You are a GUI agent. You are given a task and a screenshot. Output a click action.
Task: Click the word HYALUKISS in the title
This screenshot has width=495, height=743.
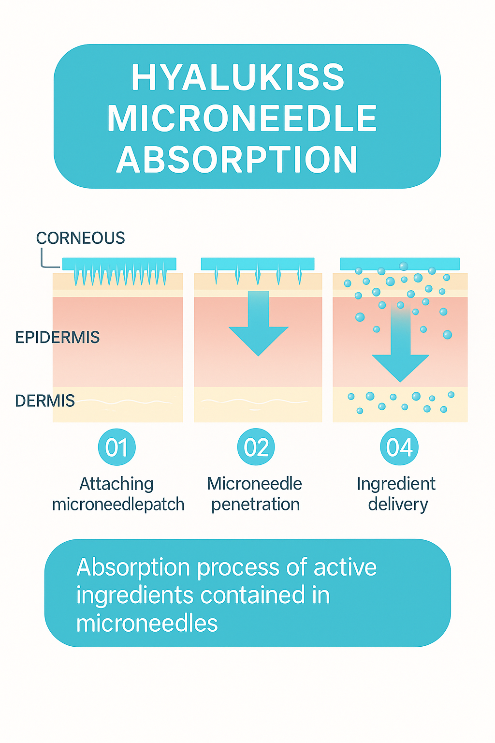pos(238,77)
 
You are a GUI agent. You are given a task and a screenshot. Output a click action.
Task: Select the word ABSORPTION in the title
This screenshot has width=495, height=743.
pos(237,159)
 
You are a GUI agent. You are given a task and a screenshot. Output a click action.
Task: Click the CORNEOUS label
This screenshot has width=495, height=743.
pos(80,238)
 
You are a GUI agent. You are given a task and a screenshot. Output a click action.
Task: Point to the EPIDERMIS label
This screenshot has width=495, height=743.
pos(58,337)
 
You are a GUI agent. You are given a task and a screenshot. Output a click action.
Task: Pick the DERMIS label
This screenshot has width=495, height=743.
pos(45,401)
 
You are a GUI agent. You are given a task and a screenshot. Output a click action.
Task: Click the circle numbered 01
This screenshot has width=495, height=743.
pos(116,447)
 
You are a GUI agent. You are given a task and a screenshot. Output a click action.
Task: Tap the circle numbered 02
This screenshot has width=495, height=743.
pos(256,447)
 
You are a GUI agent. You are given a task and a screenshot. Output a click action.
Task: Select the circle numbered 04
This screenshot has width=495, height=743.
pos(399,447)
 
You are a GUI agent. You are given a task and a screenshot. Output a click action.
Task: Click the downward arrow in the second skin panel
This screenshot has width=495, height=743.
pos(258,324)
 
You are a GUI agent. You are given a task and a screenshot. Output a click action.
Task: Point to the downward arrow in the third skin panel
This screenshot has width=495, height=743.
pos(401,342)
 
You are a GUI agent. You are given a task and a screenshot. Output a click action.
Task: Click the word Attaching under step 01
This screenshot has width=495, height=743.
pos(116,484)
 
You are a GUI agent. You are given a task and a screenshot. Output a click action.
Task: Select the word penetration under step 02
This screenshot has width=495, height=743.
pos(256,505)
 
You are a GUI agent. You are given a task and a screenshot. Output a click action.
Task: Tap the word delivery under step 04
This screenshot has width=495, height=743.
pos(398,505)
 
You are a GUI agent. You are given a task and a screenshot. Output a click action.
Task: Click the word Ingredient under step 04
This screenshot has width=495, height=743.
pos(396,484)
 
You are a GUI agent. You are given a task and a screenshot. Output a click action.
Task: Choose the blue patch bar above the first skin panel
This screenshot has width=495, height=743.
pos(119,264)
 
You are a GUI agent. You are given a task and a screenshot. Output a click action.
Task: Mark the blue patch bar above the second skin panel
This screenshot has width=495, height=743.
pos(258,264)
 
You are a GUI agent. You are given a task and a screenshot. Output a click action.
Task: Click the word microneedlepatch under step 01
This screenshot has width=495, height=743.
pos(118,505)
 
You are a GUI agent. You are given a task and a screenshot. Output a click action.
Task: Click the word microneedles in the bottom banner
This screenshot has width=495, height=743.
pos(147,623)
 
